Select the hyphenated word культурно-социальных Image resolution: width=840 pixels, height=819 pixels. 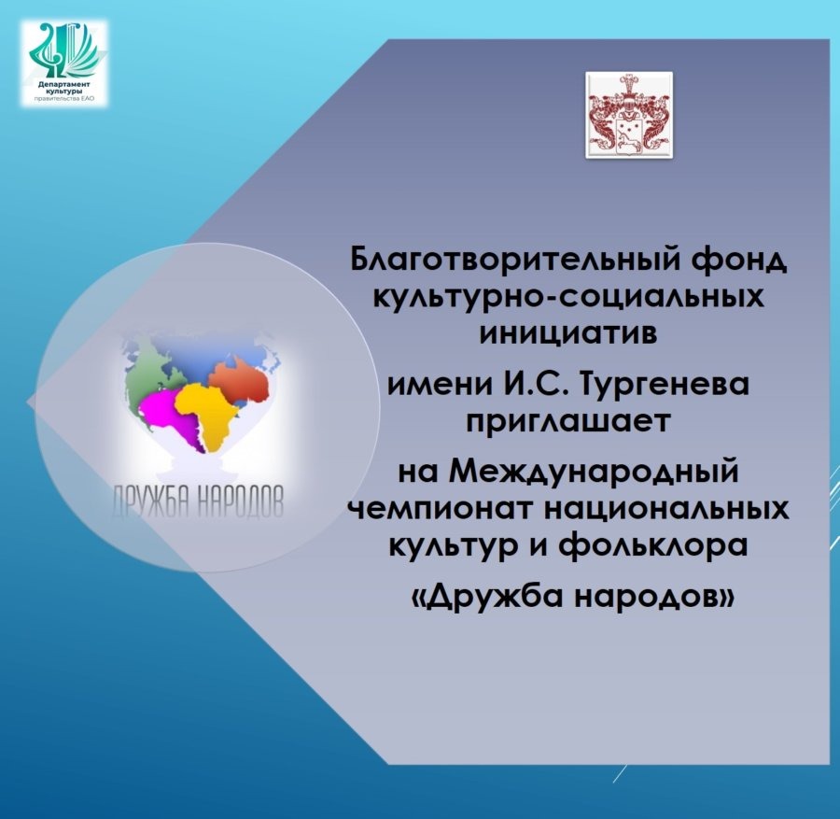pos(568,298)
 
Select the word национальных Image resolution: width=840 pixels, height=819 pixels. pos(666,508)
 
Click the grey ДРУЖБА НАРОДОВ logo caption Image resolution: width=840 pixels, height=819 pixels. pos(198,501)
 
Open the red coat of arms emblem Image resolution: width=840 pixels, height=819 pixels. pos(629,115)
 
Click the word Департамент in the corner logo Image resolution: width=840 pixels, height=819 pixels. pos(64,84)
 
